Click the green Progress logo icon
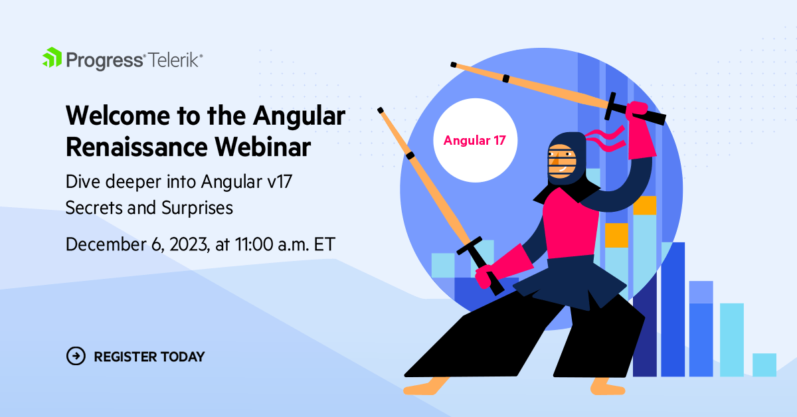(52, 57)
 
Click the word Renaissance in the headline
(137, 147)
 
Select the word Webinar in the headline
(262, 147)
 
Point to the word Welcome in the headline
(118, 116)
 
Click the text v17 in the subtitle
(280, 182)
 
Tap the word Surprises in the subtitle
(197, 208)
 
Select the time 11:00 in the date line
(254, 244)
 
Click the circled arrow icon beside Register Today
(76, 356)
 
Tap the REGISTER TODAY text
(149, 357)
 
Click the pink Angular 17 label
(475, 140)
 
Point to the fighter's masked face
(562, 161)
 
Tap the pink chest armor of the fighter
(571, 223)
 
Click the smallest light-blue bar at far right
(764, 365)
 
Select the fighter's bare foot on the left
(426, 386)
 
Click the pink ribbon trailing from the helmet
(606, 139)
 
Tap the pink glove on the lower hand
(504, 266)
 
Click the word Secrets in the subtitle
(111, 208)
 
